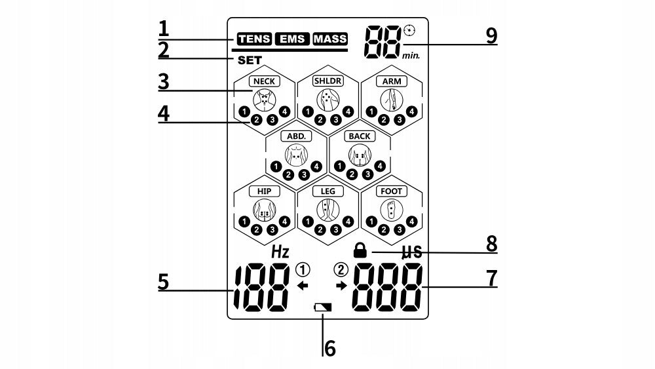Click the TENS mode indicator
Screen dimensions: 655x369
(254, 39)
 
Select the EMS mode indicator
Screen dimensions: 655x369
(292, 39)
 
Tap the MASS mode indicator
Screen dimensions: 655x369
(330, 39)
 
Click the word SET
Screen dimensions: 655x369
(250, 60)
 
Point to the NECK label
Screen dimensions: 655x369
(265, 81)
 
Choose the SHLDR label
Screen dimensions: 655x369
(328, 81)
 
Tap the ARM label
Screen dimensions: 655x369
(392, 81)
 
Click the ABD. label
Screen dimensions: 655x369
(296, 136)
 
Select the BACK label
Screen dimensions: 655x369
(360, 136)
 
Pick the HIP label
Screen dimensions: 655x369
(265, 191)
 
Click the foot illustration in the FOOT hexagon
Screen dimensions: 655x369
(392, 209)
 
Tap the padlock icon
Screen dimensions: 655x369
(360, 250)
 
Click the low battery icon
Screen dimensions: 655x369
(322, 308)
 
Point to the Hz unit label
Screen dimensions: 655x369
(280, 252)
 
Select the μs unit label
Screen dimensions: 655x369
(412, 252)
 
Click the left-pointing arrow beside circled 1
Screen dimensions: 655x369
(303, 286)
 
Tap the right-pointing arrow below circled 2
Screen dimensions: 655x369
(342, 286)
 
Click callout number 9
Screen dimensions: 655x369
(492, 36)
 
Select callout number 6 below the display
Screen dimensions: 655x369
(330, 348)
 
